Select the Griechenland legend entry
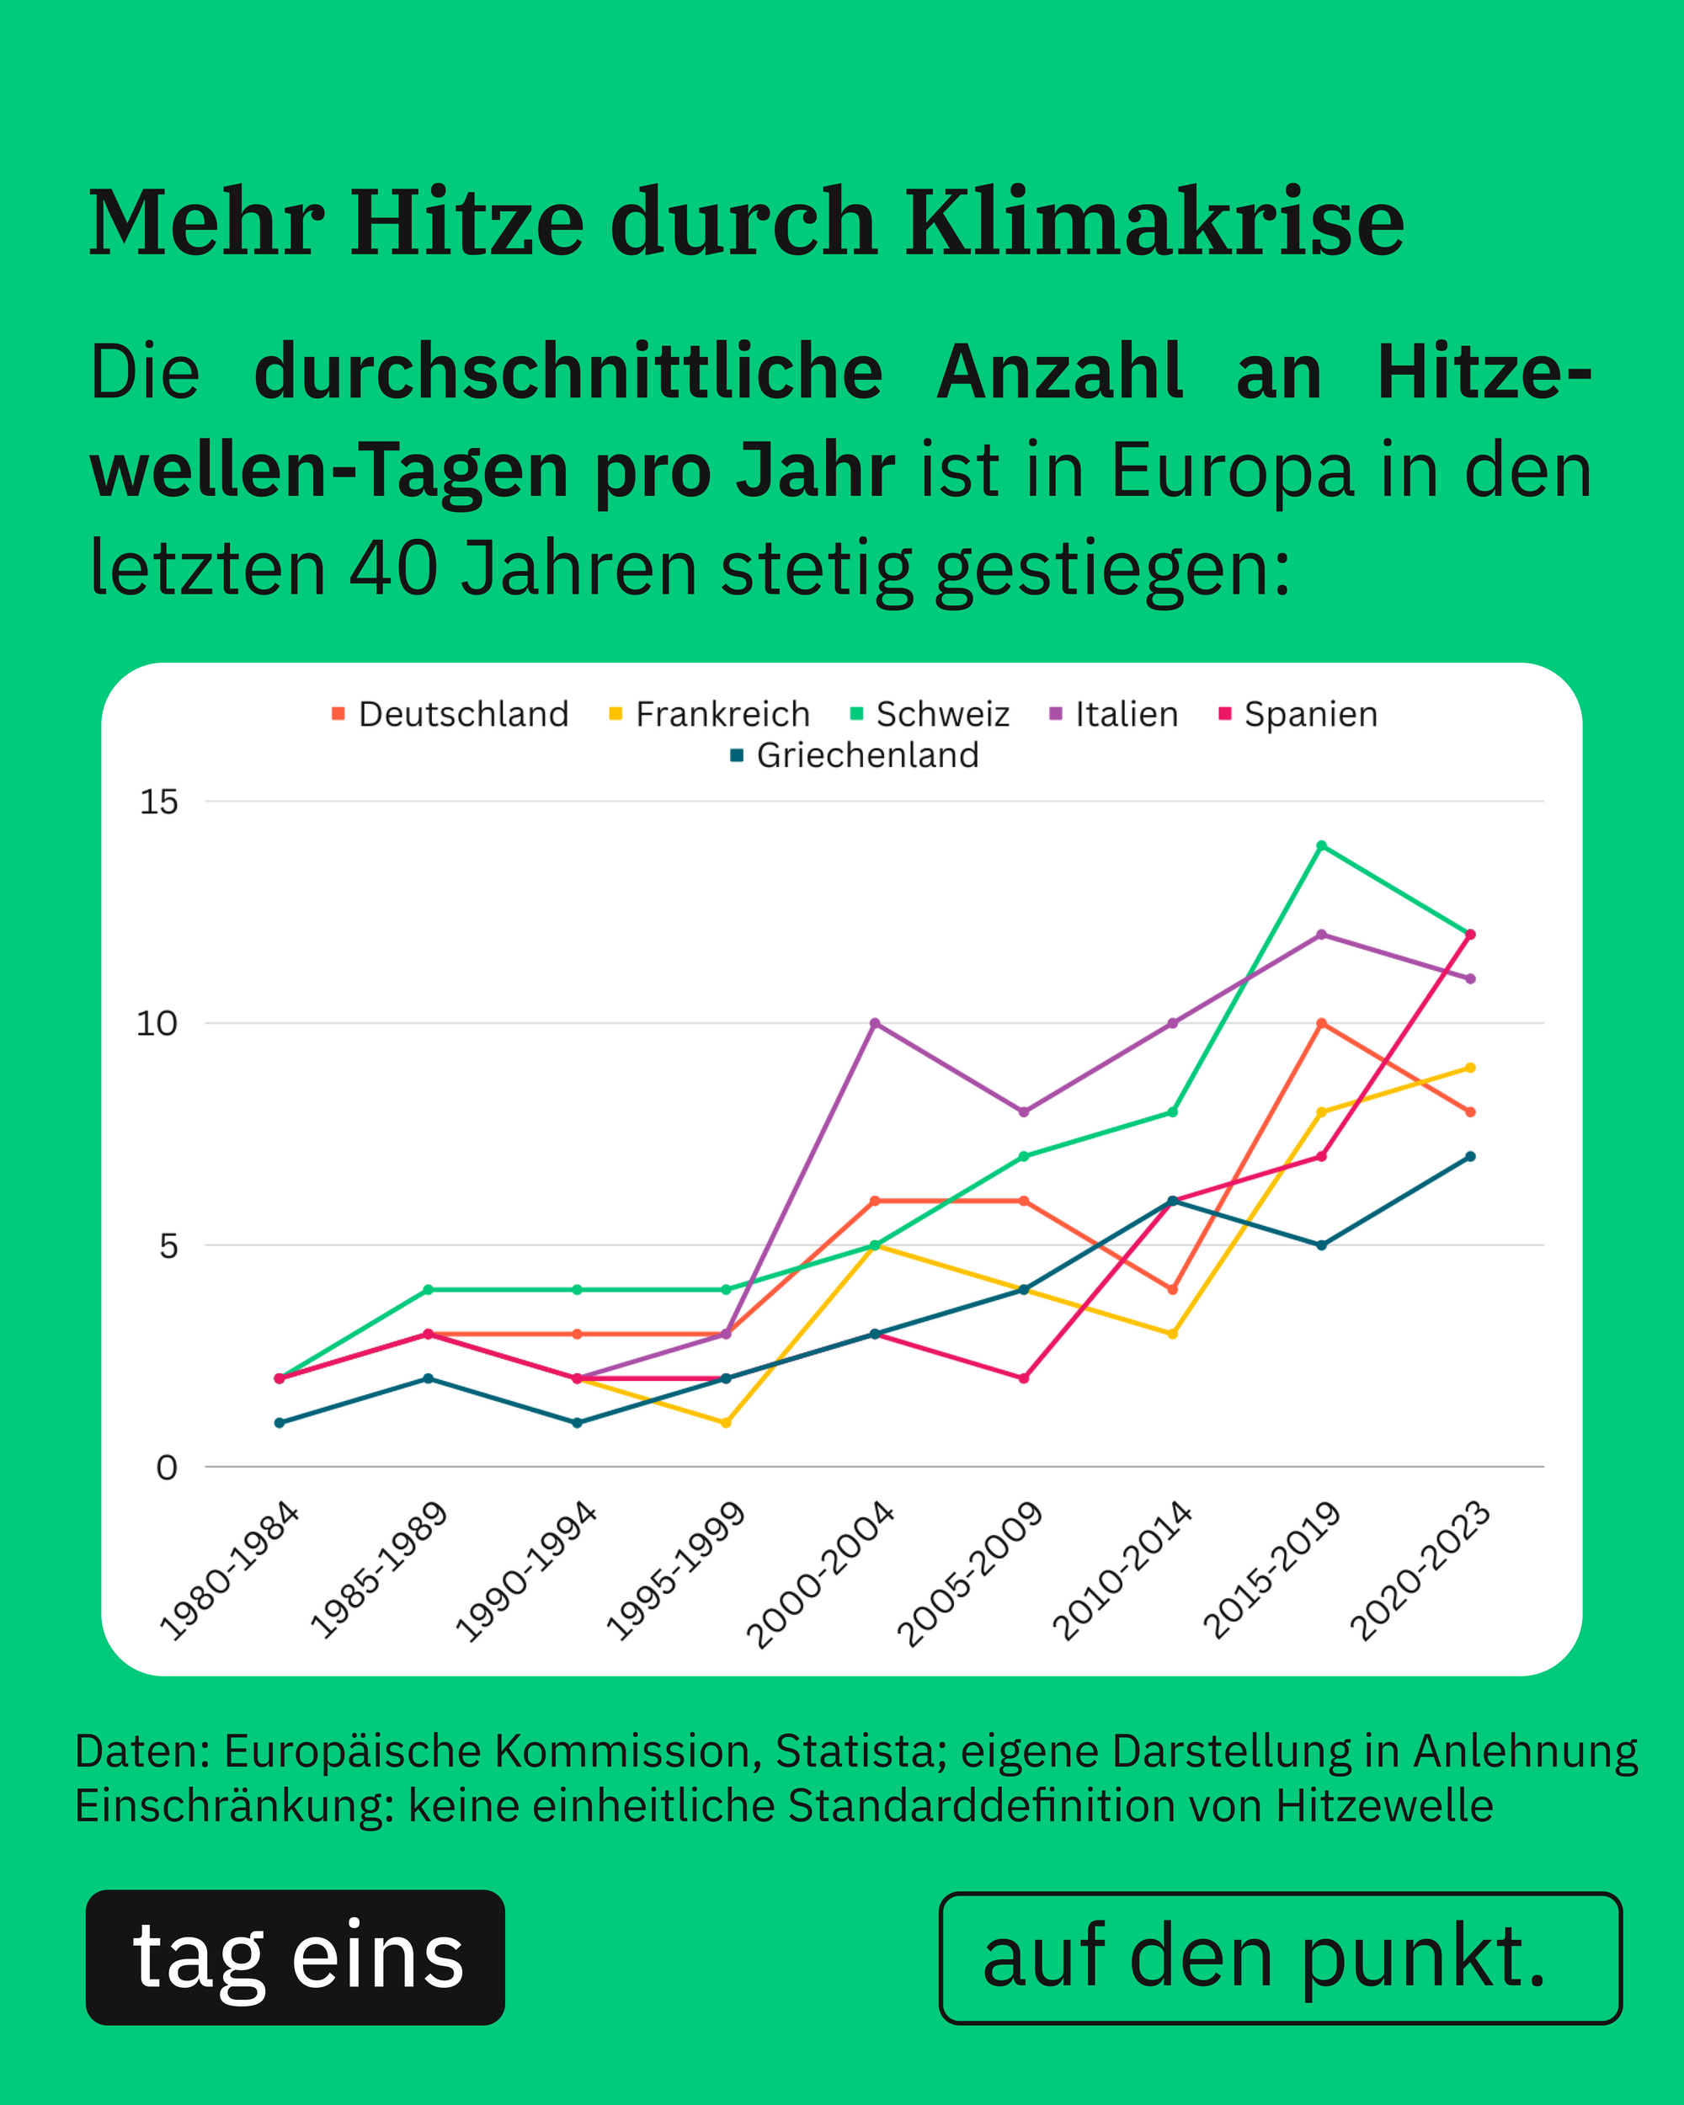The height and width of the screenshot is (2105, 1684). tap(855, 755)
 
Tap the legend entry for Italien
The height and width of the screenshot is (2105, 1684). tap(1114, 715)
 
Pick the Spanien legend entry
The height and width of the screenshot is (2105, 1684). tap(1298, 715)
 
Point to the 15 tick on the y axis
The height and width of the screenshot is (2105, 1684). tap(159, 802)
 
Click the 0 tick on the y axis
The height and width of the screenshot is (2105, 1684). tap(167, 1468)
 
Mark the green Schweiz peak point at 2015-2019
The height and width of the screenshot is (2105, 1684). tap(1321, 845)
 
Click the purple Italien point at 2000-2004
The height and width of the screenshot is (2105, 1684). tap(875, 1023)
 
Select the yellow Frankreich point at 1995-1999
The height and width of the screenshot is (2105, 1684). tap(725, 1422)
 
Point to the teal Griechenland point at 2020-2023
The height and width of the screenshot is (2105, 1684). tap(1470, 1156)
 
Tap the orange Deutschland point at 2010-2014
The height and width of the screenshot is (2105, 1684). tap(1172, 1289)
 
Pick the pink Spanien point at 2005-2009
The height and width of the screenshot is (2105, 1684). tap(1023, 1378)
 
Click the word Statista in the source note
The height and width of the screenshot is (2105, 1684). tap(859, 1751)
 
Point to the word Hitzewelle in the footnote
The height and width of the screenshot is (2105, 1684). tap(1383, 1805)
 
